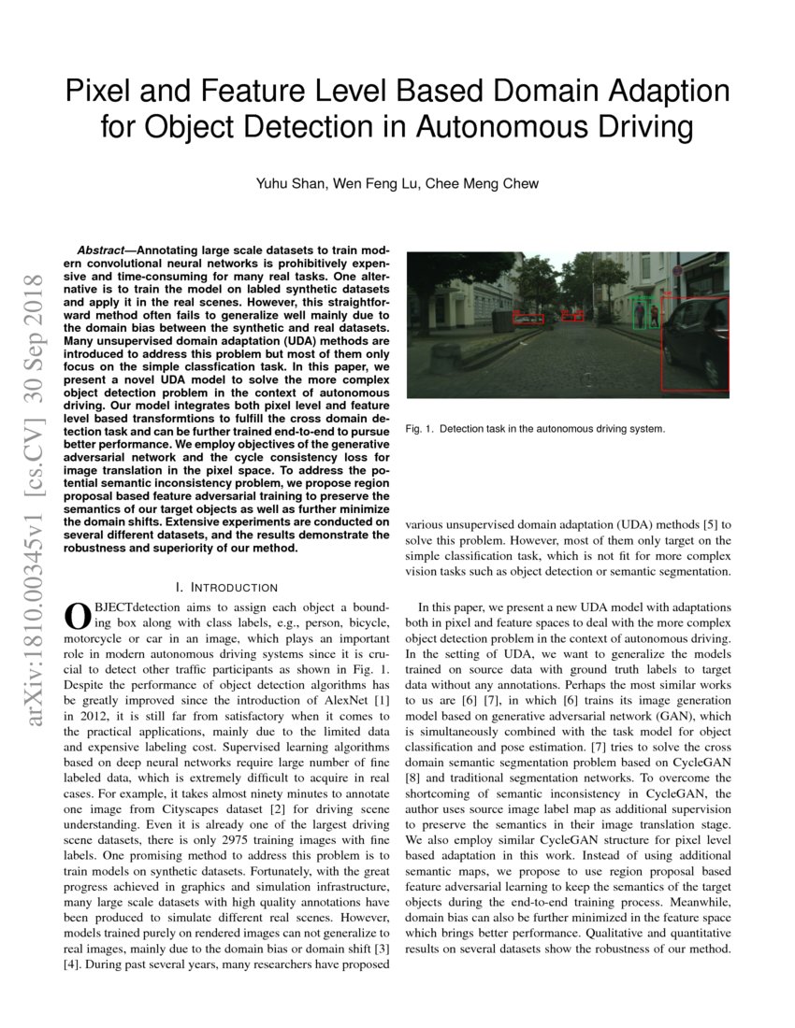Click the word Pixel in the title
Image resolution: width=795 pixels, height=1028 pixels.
[100, 92]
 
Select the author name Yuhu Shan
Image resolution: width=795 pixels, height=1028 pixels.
[291, 184]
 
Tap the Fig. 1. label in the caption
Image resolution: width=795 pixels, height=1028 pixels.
[419, 429]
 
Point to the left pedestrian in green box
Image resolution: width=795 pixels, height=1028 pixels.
[639, 314]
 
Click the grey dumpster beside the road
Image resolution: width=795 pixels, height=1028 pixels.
[502, 321]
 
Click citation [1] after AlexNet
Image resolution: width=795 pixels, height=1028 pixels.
[380, 702]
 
